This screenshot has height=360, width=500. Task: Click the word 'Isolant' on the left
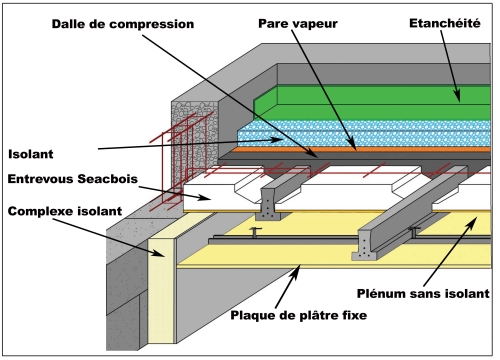32,154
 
